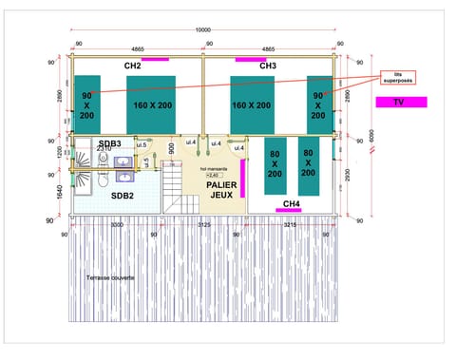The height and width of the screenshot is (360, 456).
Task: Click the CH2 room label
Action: (132, 66)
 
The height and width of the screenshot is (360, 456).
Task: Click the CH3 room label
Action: (268, 66)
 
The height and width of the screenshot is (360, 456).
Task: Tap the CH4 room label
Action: (292, 203)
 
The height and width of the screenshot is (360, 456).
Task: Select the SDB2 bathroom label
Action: (123, 196)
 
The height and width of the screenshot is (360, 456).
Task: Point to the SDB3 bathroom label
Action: (109, 143)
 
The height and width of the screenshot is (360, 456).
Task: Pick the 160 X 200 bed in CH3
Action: (251, 105)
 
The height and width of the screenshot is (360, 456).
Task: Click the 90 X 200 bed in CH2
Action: (87, 105)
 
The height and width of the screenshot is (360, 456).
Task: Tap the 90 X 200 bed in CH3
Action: (319, 105)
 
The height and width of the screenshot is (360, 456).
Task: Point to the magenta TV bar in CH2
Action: (155, 59)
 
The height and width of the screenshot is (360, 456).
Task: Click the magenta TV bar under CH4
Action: (289, 210)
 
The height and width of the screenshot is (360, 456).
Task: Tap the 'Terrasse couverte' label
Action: (109, 277)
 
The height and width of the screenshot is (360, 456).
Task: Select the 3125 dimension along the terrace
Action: (203, 225)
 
